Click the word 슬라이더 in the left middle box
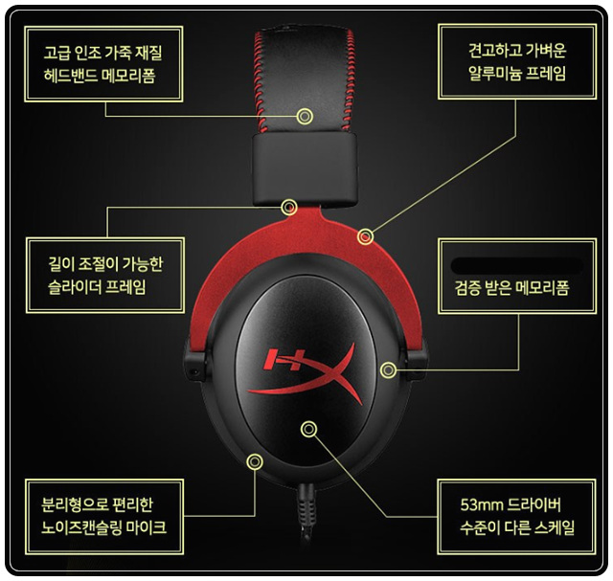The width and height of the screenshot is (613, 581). pyautogui.click(x=76, y=285)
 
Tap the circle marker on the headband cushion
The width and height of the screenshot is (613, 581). pyautogui.click(x=305, y=116)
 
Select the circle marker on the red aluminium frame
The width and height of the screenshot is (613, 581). pyautogui.click(x=365, y=235)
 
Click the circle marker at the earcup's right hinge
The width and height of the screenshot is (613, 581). pyautogui.click(x=388, y=369)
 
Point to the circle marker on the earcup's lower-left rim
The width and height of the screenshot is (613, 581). pyautogui.click(x=255, y=461)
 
